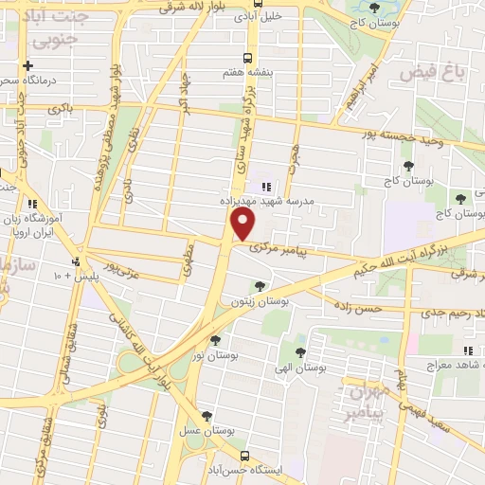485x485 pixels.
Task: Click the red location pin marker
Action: coord(243,225)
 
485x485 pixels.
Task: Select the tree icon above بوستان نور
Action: coord(216,340)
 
